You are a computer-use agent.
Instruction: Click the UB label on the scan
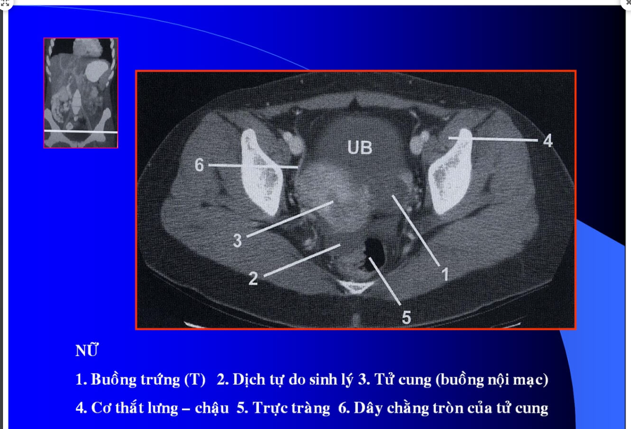360,147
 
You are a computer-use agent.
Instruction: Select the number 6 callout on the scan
199,165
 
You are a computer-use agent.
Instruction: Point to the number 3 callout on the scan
237,241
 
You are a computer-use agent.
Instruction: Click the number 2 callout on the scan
253,278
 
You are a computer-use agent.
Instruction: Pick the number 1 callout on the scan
445,274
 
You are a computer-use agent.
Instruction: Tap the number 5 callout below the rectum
406,318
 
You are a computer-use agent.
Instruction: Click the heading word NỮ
87,350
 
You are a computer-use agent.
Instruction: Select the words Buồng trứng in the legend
136,380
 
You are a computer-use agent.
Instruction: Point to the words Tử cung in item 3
403,380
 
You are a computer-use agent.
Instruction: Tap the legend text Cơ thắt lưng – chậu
160,408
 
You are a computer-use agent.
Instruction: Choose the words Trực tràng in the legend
291,408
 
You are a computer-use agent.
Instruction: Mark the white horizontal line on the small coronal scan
81,132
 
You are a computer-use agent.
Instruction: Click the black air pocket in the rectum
375,253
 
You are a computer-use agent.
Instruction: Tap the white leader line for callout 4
493,139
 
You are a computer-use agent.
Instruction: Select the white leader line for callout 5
385,281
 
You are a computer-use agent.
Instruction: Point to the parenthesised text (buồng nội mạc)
492,380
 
